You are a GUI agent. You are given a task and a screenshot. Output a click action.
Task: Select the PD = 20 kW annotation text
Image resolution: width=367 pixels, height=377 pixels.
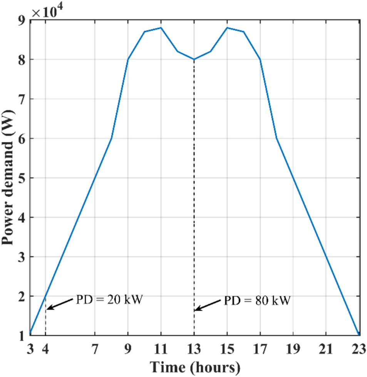(x=107, y=299)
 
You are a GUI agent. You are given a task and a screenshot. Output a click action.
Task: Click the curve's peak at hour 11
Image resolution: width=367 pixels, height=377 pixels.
(x=161, y=28)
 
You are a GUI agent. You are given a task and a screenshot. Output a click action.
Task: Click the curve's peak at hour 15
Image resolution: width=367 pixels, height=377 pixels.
(x=227, y=28)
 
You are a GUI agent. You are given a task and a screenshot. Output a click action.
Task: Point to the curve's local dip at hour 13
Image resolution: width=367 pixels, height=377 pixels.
(x=194, y=59)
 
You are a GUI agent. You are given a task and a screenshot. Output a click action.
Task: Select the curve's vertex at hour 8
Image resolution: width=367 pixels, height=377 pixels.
(x=112, y=138)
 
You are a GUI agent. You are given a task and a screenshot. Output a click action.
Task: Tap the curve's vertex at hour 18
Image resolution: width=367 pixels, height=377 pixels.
(x=277, y=138)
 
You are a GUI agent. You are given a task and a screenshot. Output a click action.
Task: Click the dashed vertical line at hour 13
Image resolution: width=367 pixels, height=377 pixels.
(x=194, y=193)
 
